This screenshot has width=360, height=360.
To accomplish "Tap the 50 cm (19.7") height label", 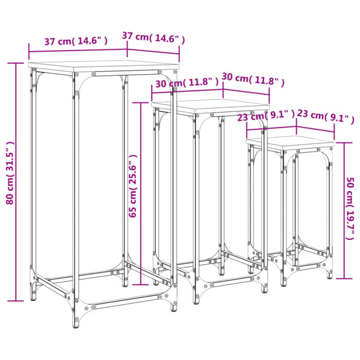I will click(x=350, y=208).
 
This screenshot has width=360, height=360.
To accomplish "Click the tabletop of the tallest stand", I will click(x=103, y=66).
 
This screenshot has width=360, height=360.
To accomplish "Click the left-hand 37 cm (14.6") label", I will click(x=76, y=42).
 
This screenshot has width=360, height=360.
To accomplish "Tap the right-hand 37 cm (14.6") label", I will click(x=153, y=37).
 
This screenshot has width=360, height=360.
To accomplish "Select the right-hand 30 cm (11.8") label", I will click(x=253, y=79).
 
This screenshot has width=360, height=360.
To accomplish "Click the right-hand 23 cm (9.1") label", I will click(x=326, y=118).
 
